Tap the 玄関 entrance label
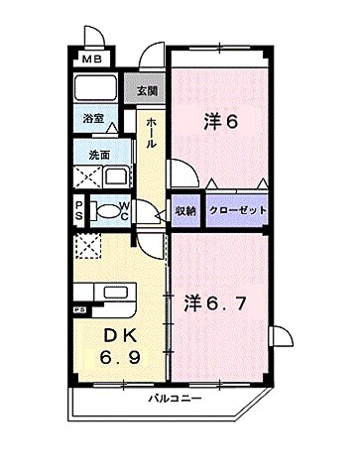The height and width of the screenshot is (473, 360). click(x=146, y=91)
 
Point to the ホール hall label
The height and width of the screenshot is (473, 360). click(x=151, y=132)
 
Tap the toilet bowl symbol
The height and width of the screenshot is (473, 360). click(x=104, y=210)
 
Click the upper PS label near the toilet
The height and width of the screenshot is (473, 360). click(x=79, y=210)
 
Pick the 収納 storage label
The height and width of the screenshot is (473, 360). click(x=185, y=210)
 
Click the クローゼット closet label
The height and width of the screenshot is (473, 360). click(x=235, y=210)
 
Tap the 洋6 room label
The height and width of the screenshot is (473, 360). click(x=221, y=122)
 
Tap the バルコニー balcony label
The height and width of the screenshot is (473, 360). click(x=176, y=400)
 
